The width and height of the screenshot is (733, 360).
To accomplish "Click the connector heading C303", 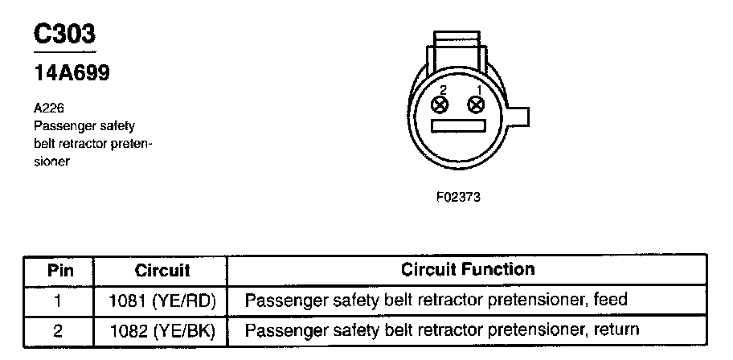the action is click(64, 35).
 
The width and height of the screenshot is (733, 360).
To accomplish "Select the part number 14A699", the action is click(72, 73).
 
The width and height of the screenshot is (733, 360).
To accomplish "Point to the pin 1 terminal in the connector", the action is click(477, 104).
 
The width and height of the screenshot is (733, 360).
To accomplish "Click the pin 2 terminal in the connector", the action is click(440, 104).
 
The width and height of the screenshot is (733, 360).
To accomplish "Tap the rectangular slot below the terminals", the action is click(458, 126).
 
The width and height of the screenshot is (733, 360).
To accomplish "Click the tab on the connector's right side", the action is click(520, 117).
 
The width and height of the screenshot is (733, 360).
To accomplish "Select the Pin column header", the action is click(59, 270).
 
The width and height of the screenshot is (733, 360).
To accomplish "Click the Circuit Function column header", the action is click(467, 269).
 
